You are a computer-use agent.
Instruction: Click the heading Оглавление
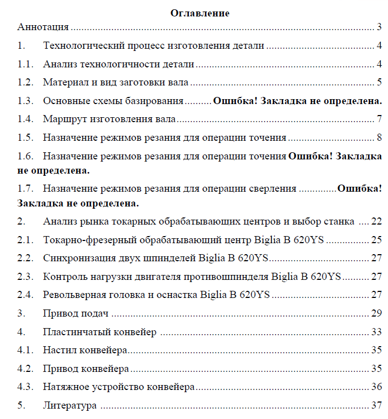pos(199,13)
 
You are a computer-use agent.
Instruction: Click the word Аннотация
pos(43,27)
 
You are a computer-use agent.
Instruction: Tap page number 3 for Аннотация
pos(379,27)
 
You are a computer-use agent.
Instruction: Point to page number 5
pos(379,83)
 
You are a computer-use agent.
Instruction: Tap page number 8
pos(379,137)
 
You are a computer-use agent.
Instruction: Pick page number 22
pos(376,222)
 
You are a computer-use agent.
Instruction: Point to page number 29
pos(376,314)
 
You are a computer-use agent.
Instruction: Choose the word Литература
pos(70,406)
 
